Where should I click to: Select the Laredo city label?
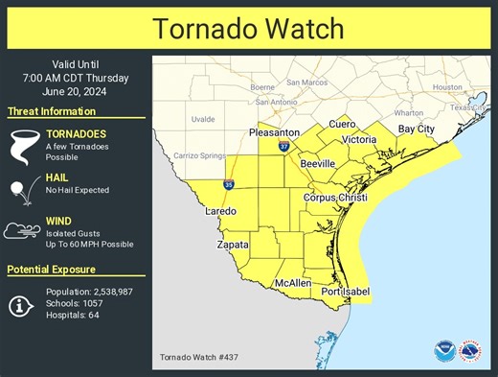tap(221, 211)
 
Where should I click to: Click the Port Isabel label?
tap(345, 292)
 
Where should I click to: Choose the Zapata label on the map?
tap(231, 246)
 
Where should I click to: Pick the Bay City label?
tap(417, 129)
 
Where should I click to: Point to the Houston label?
tap(446, 87)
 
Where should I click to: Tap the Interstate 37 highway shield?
tap(284, 146)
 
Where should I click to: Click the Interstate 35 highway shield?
tap(228, 182)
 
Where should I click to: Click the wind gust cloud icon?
tap(22, 231)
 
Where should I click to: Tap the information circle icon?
tap(21, 304)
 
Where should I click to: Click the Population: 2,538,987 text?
tap(92, 291)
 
